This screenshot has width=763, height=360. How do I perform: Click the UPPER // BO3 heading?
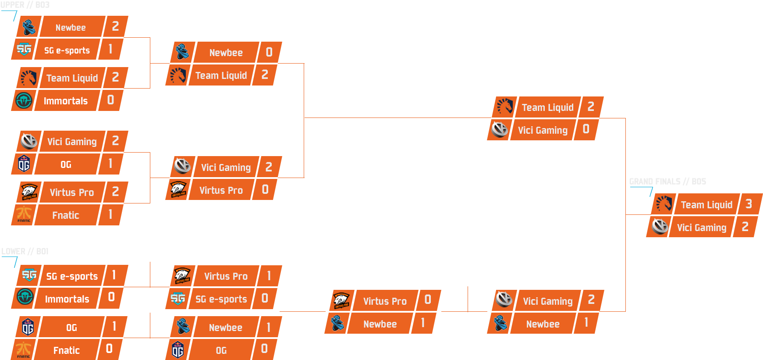25,5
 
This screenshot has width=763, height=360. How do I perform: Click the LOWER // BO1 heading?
25,251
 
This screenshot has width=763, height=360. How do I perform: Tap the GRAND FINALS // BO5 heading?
667,182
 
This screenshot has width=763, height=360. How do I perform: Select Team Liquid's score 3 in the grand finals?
749,204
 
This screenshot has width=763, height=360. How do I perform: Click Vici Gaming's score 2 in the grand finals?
745,227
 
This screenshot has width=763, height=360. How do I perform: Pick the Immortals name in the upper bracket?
66,101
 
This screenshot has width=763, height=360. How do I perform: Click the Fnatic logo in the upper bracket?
24,214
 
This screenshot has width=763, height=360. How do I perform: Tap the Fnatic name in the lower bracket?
67,350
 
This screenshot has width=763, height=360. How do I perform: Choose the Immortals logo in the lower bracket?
25,297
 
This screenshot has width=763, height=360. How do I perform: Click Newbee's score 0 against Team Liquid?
269,52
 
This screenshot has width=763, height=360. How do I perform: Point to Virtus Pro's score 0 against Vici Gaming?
265,189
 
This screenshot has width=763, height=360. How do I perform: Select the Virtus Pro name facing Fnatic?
72,192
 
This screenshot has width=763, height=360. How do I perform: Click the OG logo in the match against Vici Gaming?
24,164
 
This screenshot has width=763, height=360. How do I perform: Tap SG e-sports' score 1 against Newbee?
110,49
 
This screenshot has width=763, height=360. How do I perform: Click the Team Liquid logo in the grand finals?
664,203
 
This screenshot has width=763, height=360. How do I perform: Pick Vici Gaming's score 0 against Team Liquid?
586,129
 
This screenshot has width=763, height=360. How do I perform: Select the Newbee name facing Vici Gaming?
543,324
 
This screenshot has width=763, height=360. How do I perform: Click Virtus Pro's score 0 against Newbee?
428,299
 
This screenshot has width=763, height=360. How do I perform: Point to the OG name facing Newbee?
221,350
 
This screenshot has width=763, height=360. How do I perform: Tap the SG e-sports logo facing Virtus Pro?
178,299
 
